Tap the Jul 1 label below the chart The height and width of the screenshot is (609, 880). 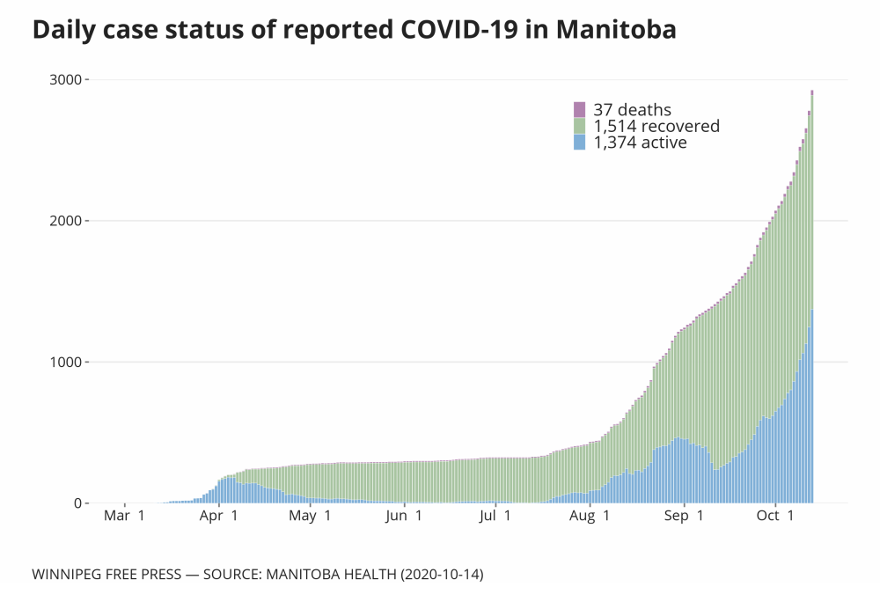(x=494, y=517)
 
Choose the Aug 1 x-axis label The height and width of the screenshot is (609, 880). (x=588, y=517)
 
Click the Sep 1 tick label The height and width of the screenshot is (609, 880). (x=682, y=517)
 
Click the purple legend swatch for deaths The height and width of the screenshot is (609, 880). (x=579, y=110)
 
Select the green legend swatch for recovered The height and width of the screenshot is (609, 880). (x=579, y=126)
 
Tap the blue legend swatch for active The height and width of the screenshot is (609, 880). (x=579, y=142)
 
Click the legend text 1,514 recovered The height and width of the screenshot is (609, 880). (x=656, y=126)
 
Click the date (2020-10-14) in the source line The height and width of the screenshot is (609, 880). (x=440, y=575)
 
